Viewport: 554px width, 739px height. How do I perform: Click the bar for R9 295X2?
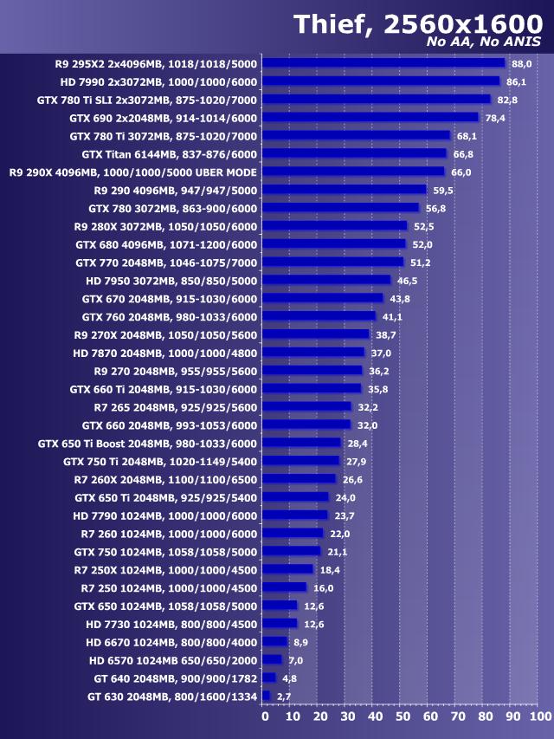point(383,62)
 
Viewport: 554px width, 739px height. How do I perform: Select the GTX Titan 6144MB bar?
point(354,153)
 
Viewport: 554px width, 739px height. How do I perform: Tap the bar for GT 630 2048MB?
point(266,696)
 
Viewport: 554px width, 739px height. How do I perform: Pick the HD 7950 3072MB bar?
point(326,281)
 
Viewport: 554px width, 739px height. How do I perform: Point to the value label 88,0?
point(522,63)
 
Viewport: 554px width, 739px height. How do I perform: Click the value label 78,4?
point(496,118)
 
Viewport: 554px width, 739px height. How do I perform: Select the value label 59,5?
point(444,190)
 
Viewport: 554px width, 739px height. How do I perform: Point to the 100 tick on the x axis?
point(539,716)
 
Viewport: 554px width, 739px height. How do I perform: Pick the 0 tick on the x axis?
point(265,716)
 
